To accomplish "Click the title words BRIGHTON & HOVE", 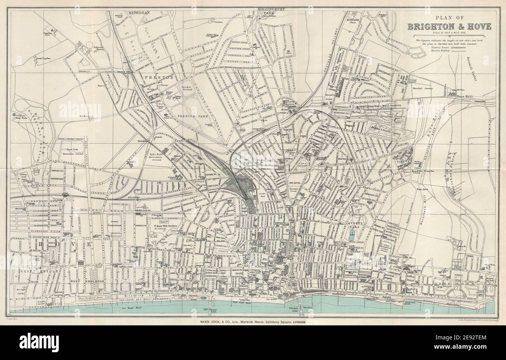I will click(449, 26).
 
